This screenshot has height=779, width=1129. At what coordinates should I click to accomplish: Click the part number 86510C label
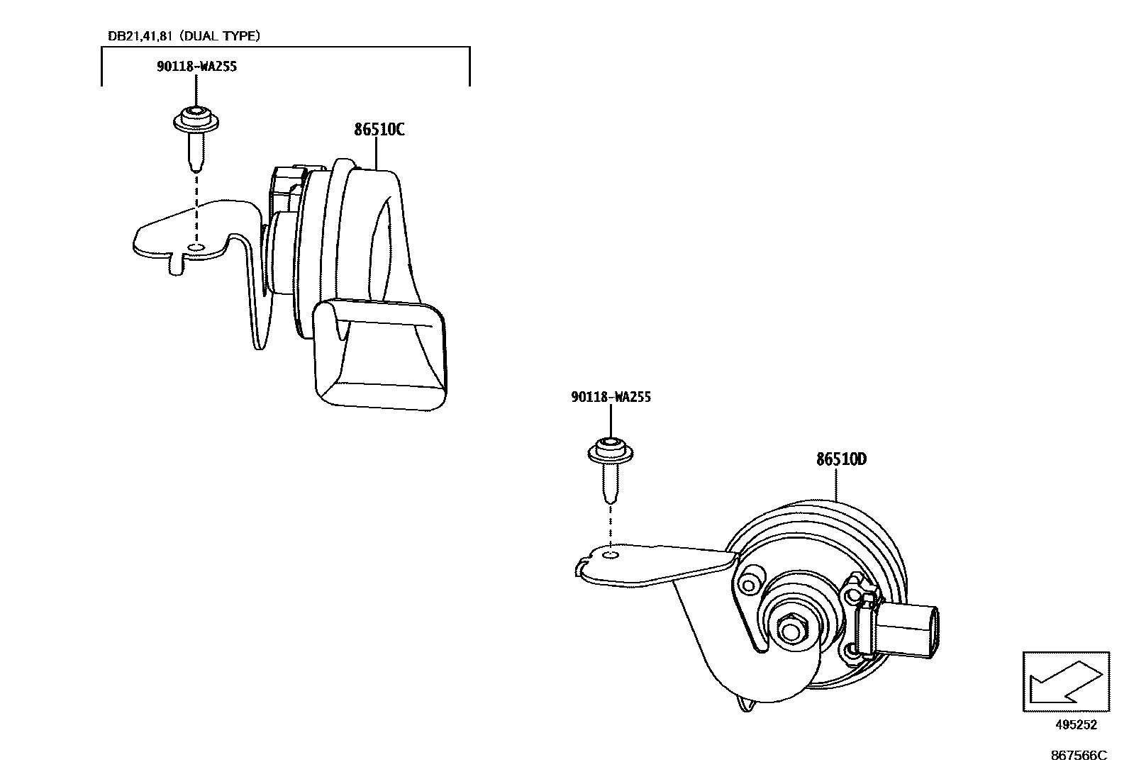pos(379,130)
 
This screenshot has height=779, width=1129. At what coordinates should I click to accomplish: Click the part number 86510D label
pos(841,459)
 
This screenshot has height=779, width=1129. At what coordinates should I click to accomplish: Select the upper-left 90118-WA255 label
pos(196,67)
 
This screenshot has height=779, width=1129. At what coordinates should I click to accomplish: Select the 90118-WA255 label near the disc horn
pos(611,397)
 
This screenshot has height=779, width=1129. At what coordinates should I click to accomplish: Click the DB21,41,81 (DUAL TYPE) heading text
pos(183,35)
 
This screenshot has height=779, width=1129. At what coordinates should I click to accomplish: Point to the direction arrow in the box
pos(1064,682)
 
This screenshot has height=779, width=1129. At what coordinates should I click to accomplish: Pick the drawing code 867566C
pos(1078,756)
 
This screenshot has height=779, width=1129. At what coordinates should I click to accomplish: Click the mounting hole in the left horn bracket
pos(196,247)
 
